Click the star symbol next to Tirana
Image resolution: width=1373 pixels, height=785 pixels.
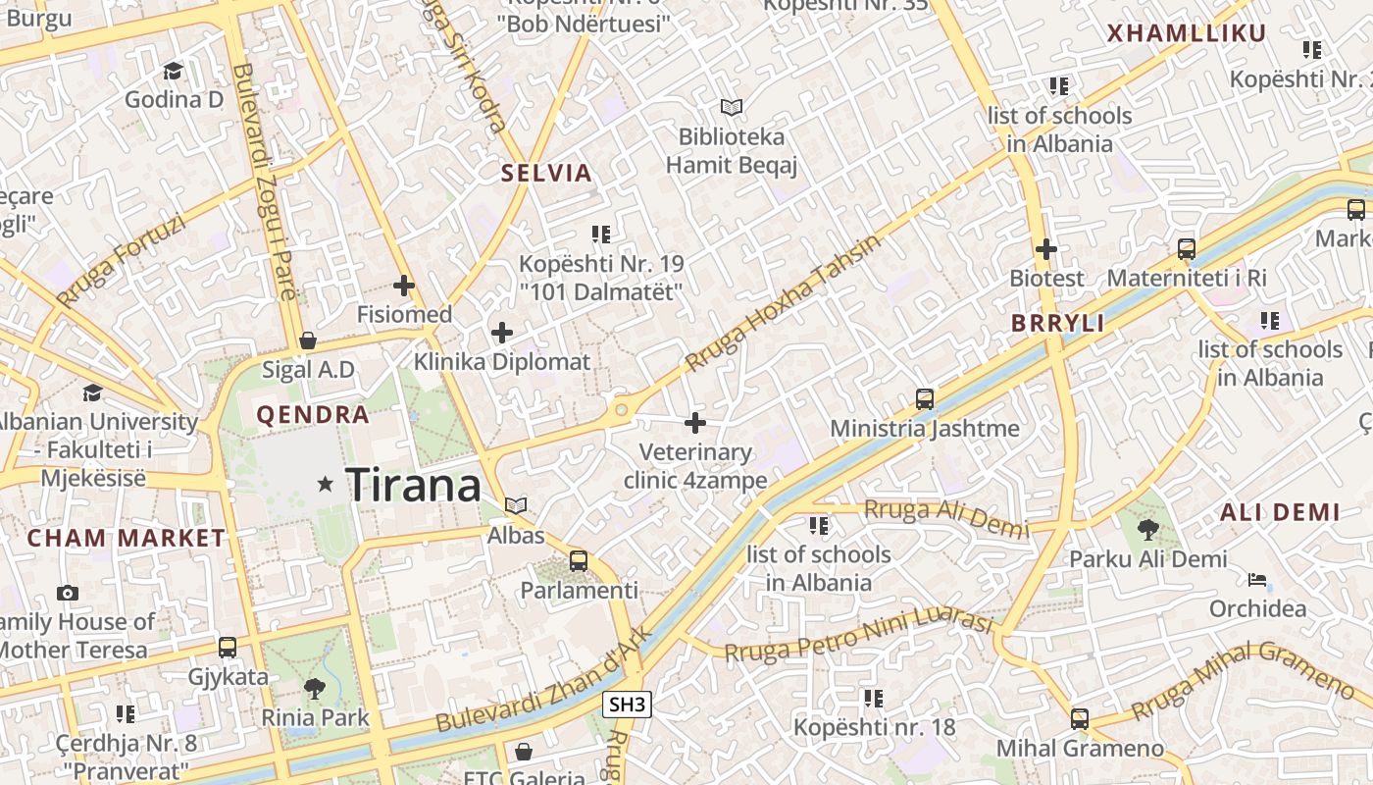pyautogui.click(x=326, y=484)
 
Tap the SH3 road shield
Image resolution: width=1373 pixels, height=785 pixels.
pyautogui.click(x=628, y=704)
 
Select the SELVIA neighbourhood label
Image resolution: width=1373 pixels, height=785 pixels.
pyautogui.click(x=547, y=174)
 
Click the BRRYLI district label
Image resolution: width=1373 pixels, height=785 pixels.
pyautogui.click(x=1058, y=323)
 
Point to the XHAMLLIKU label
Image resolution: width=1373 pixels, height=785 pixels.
pyautogui.click(x=1187, y=33)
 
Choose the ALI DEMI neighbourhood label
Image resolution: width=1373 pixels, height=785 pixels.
pyautogui.click(x=1280, y=511)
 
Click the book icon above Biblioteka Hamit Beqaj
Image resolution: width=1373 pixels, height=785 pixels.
pyautogui.click(x=732, y=107)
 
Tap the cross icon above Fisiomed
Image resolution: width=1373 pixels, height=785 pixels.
pyautogui.click(x=403, y=286)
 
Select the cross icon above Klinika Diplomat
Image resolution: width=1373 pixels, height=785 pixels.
pyautogui.click(x=502, y=333)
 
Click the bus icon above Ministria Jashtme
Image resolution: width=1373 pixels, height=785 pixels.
pyautogui.click(x=925, y=398)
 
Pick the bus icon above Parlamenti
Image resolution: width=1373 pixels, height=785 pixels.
pyautogui.click(x=579, y=561)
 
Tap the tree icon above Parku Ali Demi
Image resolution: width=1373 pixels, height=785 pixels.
pyautogui.click(x=1147, y=530)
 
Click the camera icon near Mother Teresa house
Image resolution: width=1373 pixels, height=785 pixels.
pyautogui.click(x=68, y=593)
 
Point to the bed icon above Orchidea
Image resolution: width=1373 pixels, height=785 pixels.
pyautogui.click(x=1257, y=580)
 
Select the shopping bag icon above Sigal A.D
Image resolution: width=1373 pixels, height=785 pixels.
pyautogui.click(x=308, y=340)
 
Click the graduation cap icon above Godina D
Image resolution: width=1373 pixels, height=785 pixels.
pyautogui.click(x=174, y=71)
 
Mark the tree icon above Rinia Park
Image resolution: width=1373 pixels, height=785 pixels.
pyautogui.click(x=315, y=688)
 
